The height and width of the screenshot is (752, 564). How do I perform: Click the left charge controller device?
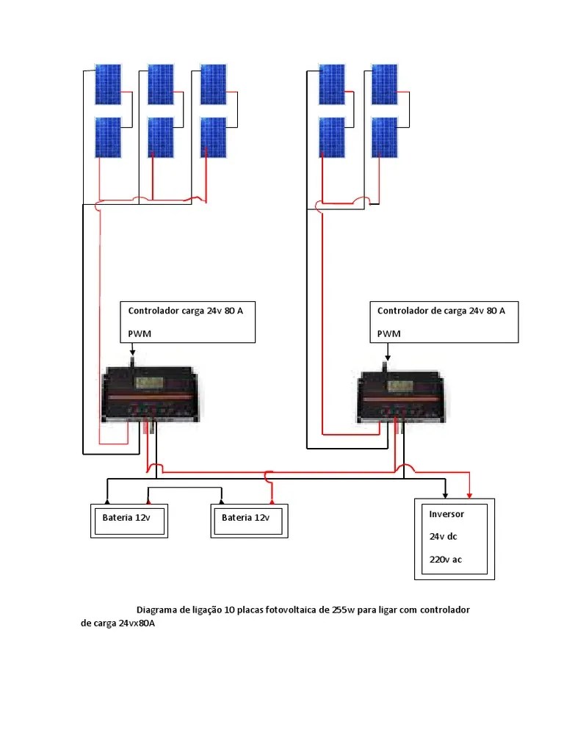tap(149, 396)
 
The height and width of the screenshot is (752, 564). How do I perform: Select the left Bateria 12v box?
tap(129, 519)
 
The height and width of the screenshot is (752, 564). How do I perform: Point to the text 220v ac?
tap(446, 560)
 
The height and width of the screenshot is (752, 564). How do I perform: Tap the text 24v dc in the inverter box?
tap(444, 536)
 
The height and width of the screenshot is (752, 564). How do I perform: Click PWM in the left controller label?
tap(139, 333)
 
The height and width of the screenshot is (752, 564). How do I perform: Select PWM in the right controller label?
tap(389, 333)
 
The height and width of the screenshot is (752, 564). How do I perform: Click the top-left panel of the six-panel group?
tap(108, 84)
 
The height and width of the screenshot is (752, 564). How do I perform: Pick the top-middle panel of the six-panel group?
tap(161, 84)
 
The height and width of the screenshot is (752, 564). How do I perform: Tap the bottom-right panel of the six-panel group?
tap(214, 137)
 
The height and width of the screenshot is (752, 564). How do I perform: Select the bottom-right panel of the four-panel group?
tap(384, 137)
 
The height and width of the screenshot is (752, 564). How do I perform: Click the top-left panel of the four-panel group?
tap(331, 84)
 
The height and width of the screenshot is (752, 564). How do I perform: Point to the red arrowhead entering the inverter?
tap(470, 494)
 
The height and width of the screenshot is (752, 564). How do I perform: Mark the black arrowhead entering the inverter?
tap(445, 494)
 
